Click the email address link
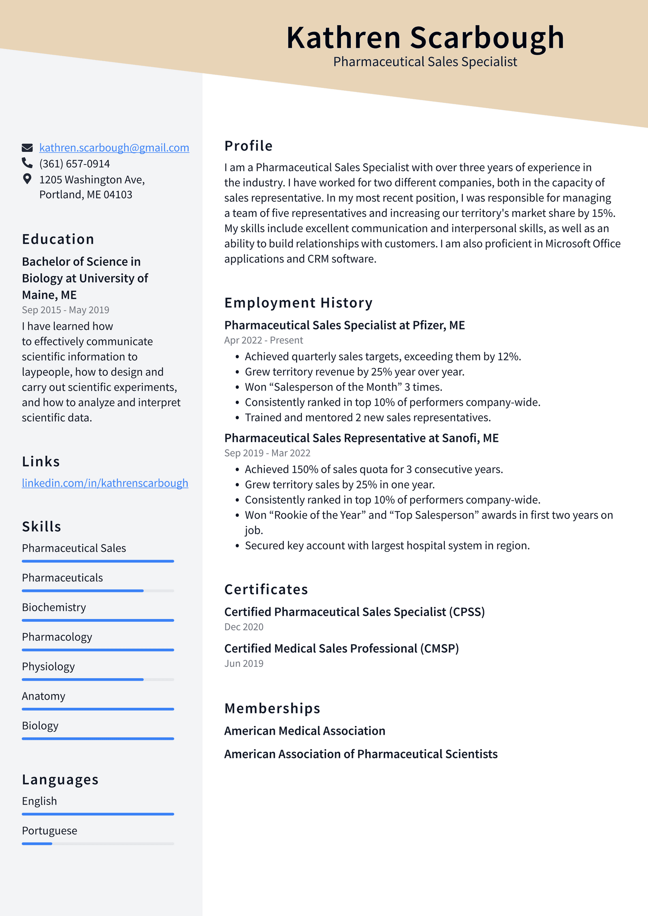(114, 148)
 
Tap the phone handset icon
(27, 163)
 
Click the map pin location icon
(27, 179)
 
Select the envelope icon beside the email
(27, 147)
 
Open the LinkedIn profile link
(105, 483)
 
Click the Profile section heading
(248, 146)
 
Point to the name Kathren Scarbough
(425, 38)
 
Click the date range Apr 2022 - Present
(263, 340)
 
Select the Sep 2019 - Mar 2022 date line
(267, 453)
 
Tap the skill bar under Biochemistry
(98, 620)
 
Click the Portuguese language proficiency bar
(98, 843)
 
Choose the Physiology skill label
(48, 666)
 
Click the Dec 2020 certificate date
(243, 627)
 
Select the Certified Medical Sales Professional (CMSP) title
(341, 648)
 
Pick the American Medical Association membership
(305, 730)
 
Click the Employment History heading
(298, 303)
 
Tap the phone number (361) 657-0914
(75, 164)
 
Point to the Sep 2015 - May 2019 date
(65, 310)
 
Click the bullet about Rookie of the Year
(428, 515)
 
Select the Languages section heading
(60, 779)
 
